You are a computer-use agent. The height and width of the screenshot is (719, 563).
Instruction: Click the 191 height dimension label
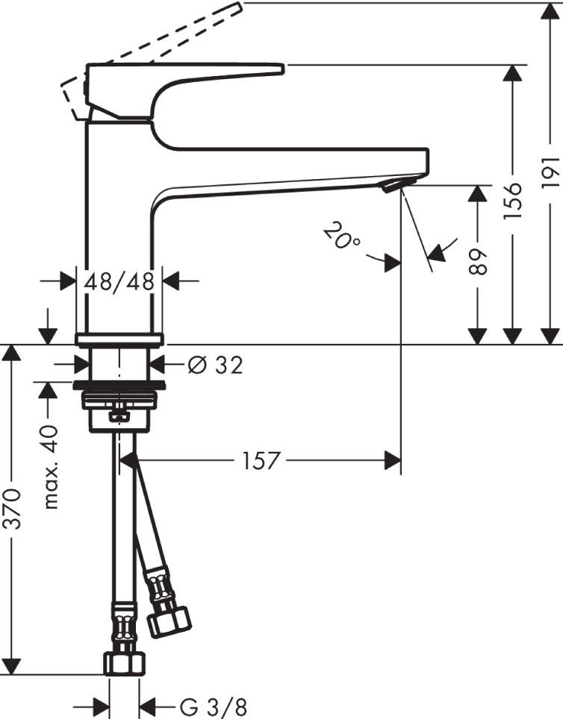click(x=550, y=172)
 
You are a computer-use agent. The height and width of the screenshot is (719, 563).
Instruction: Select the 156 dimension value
click(x=513, y=200)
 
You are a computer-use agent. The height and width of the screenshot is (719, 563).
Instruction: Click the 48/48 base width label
click(x=119, y=281)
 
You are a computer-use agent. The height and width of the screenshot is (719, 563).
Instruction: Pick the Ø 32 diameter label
click(x=216, y=365)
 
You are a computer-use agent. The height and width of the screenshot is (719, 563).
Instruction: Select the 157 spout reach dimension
click(x=261, y=461)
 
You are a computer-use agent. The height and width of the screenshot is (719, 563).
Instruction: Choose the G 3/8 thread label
click(x=212, y=704)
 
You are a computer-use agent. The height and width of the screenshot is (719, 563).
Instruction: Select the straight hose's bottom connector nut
click(x=123, y=662)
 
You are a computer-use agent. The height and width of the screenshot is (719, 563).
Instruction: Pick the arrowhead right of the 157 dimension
click(x=393, y=461)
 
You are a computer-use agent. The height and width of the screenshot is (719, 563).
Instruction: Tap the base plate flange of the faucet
click(x=119, y=339)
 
